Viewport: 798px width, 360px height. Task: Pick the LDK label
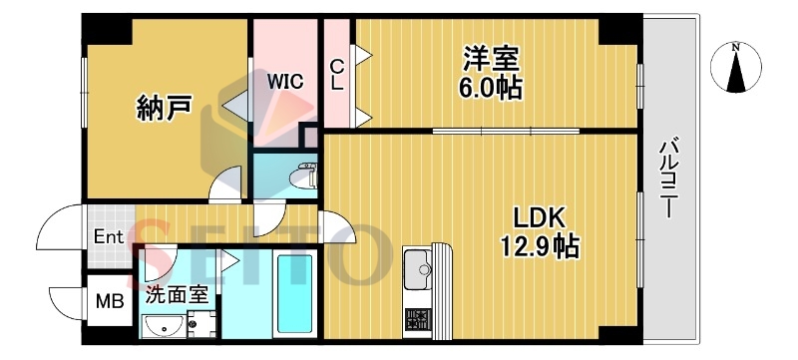coord(540,217)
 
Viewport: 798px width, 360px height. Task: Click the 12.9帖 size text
coord(542,245)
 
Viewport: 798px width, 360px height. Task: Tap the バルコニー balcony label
coord(669,180)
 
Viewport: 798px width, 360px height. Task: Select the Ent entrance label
coord(108,237)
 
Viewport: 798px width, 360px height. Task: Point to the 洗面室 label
coord(178,294)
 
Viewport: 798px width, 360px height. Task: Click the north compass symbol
coord(736,67)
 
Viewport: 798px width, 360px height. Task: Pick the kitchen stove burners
coord(416,321)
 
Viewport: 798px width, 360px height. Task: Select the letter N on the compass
coord(736,46)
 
